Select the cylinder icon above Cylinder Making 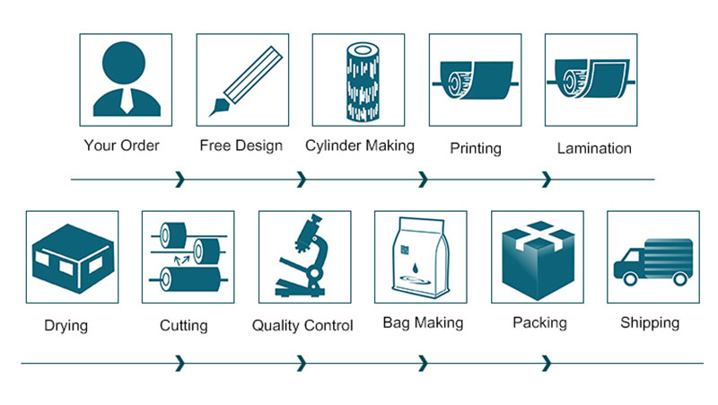[x=357, y=79]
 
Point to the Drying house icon [x=72, y=256]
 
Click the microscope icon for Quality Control [x=303, y=256]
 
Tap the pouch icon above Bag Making [x=420, y=258]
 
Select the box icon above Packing [x=537, y=256]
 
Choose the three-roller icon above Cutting [x=188, y=256]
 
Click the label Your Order [x=122, y=145]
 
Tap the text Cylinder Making [x=359, y=145]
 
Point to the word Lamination [x=594, y=148]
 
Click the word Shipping [x=650, y=323]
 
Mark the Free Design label [x=241, y=145]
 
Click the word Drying [x=66, y=325]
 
